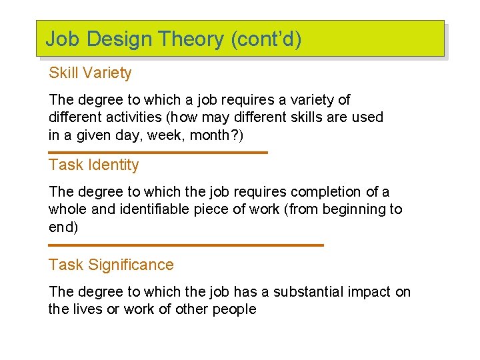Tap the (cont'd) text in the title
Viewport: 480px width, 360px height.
tap(266, 39)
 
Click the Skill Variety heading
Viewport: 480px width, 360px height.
tap(90, 73)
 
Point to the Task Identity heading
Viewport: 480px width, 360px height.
tap(93, 165)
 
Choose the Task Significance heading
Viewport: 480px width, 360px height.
tap(111, 265)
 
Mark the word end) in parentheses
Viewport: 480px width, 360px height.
tap(63, 227)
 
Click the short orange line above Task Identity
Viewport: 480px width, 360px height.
tap(158, 153)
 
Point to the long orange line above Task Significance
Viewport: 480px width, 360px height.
tap(186, 245)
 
